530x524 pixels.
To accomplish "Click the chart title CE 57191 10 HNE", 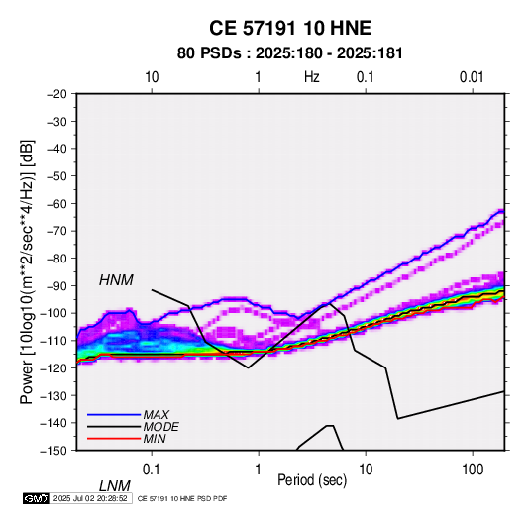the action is [x=290, y=28].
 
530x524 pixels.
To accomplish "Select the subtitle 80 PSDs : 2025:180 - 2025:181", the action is [x=290, y=53].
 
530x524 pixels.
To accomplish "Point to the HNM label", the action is [x=116, y=280].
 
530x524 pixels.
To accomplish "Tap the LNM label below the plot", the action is [x=115, y=486].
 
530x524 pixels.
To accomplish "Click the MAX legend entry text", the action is [x=156, y=414].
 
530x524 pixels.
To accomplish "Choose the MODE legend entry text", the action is [x=160, y=427].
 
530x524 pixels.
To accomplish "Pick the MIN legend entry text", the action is [x=155, y=439].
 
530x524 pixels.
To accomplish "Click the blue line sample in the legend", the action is [x=114, y=415].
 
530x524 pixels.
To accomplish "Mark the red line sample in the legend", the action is [x=114, y=439].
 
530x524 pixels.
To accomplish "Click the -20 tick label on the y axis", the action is [x=56, y=94].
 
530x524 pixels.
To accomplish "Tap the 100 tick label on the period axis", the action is [x=473, y=470].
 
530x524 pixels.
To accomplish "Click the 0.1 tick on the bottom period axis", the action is [x=152, y=470].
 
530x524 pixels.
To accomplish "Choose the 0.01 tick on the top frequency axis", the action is [x=472, y=77].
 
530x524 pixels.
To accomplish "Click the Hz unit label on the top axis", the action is [x=312, y=77].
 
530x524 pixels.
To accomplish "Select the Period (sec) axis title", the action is [x=312, y=480].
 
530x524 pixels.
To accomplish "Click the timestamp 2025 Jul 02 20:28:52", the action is [x=90, y=498].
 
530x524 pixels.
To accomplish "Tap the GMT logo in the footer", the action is [x=37, y=498].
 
